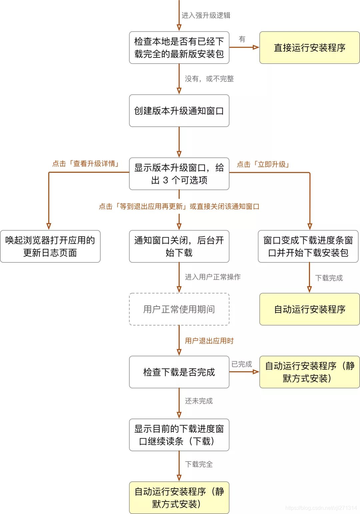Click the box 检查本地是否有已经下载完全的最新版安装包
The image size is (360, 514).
(179, 48)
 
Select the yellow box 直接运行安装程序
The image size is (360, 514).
(309, 48)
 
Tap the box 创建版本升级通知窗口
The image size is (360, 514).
(179, 111)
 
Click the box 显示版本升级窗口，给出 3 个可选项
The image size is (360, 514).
(179, 174)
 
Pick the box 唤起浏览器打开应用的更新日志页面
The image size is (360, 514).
(50, 246)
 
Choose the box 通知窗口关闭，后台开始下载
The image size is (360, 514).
(179, 246)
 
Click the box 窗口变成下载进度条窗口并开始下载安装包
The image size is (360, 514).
(308, 246)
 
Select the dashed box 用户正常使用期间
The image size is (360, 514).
(179, 309)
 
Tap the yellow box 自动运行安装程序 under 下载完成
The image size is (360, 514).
(309, 309)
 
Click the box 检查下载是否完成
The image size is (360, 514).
(179, 372)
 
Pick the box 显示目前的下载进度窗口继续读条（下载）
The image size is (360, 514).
(179, 435)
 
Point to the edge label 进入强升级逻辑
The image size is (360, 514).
(206, 15)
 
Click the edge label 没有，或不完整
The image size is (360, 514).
(209, 79)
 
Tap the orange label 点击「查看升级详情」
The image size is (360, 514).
(86, 163)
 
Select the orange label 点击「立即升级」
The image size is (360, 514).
(263, 164)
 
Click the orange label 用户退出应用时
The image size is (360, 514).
(209, 341)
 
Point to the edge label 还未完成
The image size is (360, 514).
(199, 401)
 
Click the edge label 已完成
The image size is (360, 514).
(242, 364)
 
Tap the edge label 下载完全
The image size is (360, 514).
(199, 464)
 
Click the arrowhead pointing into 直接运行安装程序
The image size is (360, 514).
(256, 47)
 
